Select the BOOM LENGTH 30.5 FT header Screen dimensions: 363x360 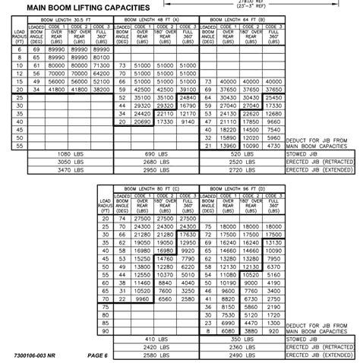click(74, 20)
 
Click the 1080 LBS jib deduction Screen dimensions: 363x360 click(74, 154)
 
